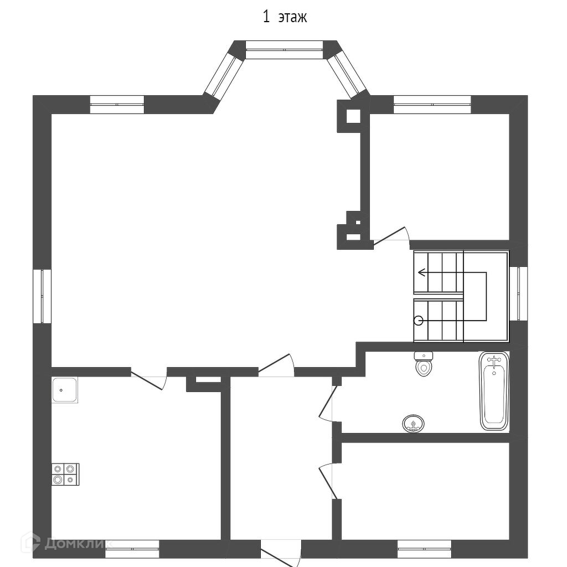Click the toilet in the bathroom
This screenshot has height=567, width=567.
pos(424,364)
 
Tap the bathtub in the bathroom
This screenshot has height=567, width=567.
pos(494,390)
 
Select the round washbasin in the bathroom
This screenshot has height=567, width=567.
pos(413,424)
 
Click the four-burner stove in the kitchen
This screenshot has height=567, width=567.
pos(65,474)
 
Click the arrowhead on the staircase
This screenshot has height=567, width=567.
pos(421,272)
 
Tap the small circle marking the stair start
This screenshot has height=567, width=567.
pos(419,321)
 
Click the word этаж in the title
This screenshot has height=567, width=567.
pos(292,17)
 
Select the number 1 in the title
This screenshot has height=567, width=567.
pos(266,17)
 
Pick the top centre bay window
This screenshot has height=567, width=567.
pos(284,49)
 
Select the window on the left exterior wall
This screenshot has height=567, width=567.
pos(42,296)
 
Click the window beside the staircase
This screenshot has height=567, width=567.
pos(518,293)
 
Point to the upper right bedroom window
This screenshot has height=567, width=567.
pos(432,105)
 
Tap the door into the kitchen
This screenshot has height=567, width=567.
pos(149,379)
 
